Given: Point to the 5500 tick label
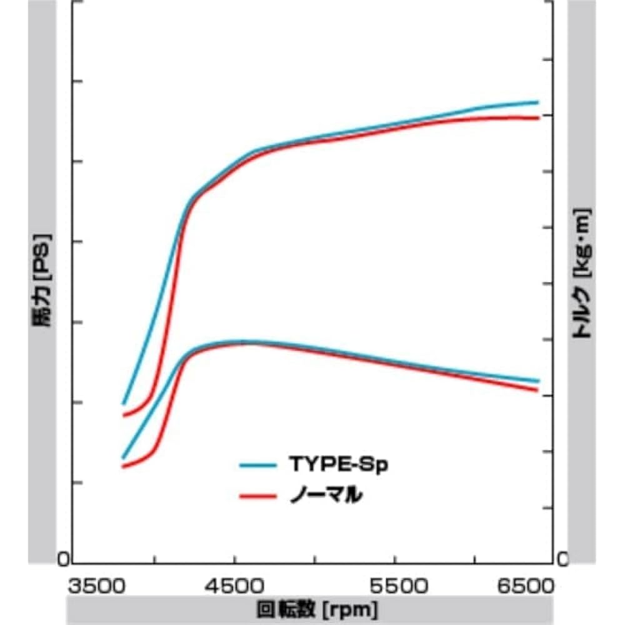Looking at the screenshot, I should tap(394, 587).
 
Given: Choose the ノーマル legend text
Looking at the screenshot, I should tap(327, 496).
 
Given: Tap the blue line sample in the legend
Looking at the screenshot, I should tap(258, 465).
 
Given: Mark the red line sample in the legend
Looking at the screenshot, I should tap(258, 497).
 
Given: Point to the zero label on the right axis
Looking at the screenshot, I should tap(562, 559).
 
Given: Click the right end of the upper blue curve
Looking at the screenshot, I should tap(537, 102).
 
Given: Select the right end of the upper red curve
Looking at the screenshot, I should tap(537, 117).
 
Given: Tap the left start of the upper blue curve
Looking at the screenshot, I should tap(123, 404).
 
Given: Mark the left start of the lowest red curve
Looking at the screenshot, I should tap(123, 466).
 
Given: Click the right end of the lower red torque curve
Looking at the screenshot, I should tap(537, 390).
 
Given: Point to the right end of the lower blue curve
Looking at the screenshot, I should tap(537, 381).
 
